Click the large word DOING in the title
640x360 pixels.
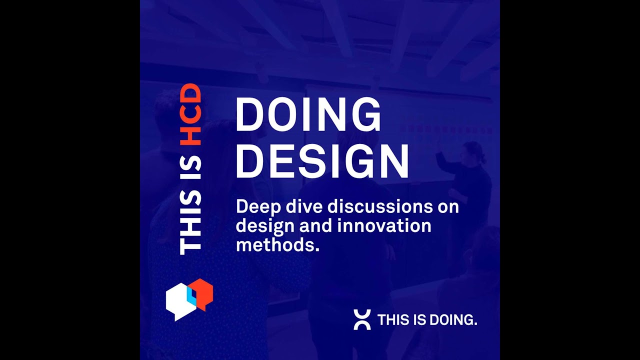(x=308, y=114)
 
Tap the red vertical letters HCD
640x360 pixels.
(x=190, y=114)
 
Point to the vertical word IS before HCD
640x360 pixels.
(x=190, y=168)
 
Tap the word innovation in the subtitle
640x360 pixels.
(x=384, y=225)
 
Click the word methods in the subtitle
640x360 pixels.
(x=275, y=245)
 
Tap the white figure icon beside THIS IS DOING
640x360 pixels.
(x=362, y=319)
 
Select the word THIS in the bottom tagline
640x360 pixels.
(x=394, y=320)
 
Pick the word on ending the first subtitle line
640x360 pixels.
(x=447, y=206)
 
